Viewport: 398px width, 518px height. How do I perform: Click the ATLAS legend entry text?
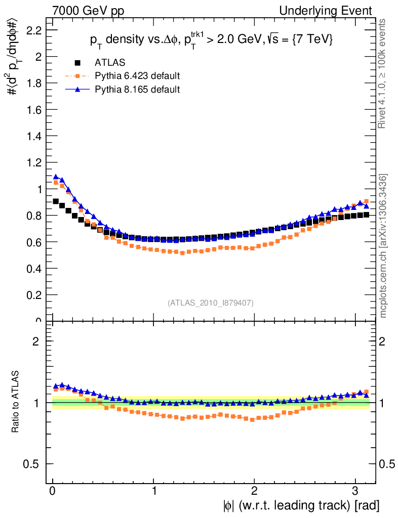(x=110, y=63)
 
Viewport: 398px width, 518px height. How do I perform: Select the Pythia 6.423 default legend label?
(x=137, y=76)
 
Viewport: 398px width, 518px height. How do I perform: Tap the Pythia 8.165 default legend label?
(x=137, y=90)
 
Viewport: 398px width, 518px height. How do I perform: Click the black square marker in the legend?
(x=77, y=63)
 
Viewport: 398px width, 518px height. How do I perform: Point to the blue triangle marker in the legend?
(x=77, y=90)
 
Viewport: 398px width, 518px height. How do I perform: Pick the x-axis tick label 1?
(x=153, y=491)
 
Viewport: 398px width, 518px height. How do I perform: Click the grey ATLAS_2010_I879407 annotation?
(x=211, y=303)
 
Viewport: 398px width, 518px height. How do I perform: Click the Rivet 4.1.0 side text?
(x=383, y=74)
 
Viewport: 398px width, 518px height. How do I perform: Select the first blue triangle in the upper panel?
(x=56, y=177)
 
